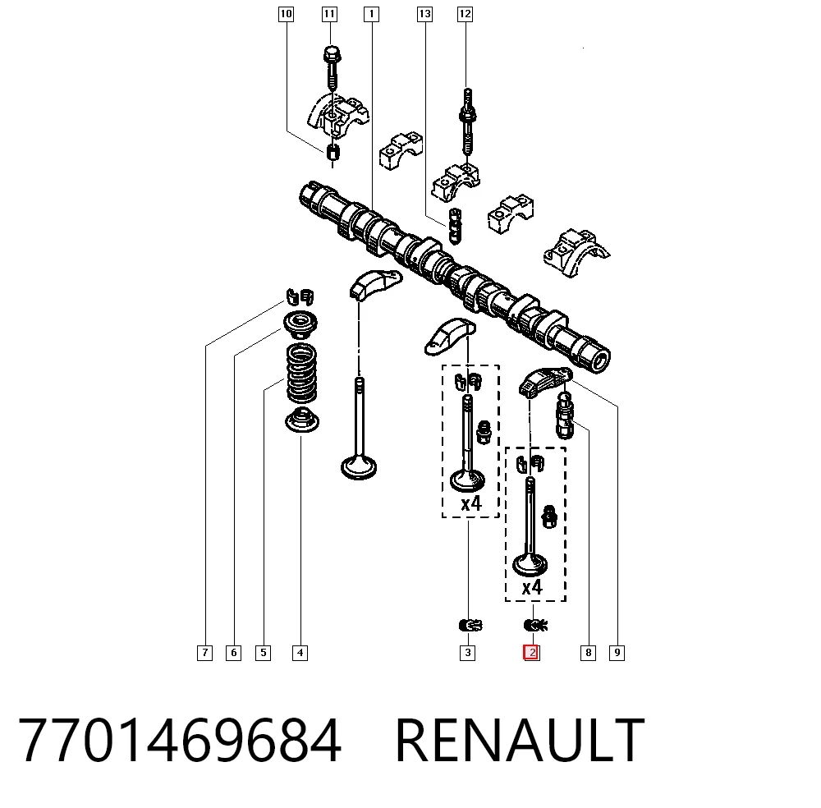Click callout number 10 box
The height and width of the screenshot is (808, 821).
point(286,14)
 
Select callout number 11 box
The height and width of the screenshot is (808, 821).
point(329,14)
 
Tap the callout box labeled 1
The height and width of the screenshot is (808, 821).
point(371,14)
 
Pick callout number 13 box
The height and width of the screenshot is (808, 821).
point(424,14)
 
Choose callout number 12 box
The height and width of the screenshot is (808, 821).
point(465,14)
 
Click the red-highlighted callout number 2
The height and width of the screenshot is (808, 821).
point(531,653)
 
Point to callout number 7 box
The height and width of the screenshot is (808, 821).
point(204,653)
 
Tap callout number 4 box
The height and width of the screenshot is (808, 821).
point(300,653)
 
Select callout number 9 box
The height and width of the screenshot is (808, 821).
point(617,653)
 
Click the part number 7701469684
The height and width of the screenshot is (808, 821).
point(180,741)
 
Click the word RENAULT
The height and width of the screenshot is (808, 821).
point(520,741)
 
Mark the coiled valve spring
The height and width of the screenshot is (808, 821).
point(301,373)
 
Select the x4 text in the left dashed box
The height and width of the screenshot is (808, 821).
point(470,503)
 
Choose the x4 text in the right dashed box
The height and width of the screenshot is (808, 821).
point(532,588)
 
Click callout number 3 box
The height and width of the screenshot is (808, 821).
point(468,653)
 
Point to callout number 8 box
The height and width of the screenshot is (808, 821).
point(588,653)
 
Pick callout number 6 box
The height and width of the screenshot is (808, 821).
point(233,653)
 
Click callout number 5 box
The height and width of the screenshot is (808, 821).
point(263,653)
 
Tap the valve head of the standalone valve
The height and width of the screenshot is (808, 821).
point(359,467)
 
